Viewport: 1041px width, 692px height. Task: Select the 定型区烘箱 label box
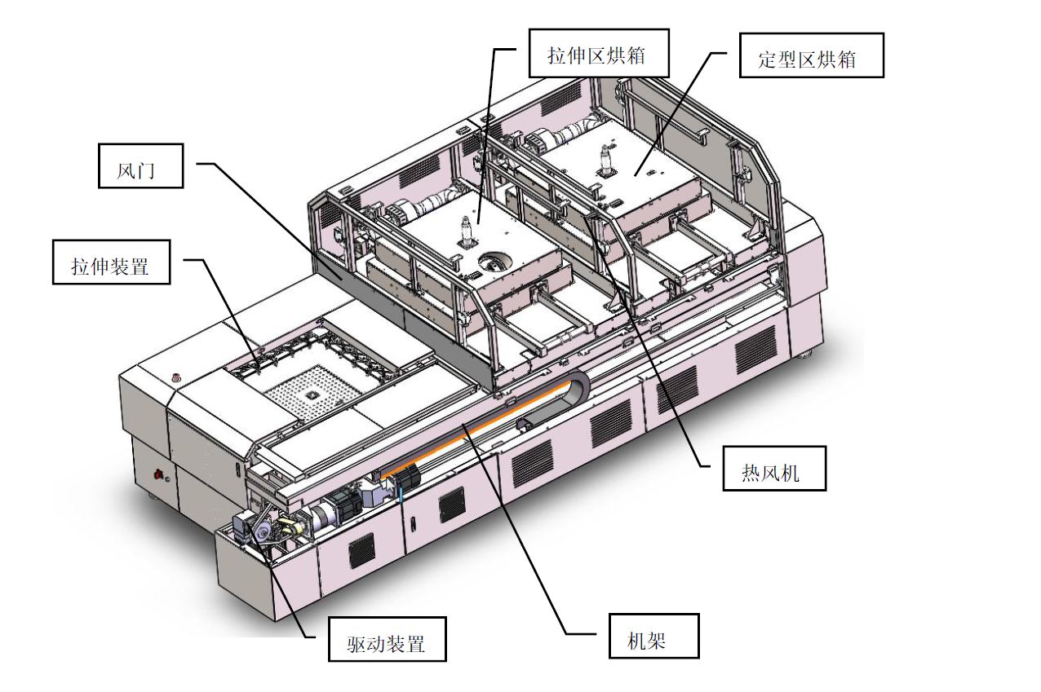click(811, 55)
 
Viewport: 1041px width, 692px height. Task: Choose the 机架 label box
click(653, 636)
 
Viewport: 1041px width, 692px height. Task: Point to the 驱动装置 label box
click(388, 638)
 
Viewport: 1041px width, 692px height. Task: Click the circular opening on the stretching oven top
click(495, 262)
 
